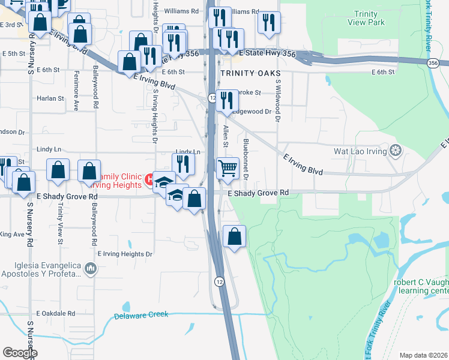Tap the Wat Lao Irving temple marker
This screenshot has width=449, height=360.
pyautogui.click(x=395, y=149)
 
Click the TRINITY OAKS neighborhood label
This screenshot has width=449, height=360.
pyautogui.click(x=246, y=72)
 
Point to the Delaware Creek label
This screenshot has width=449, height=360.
pyautogui.click(x=140, y=315)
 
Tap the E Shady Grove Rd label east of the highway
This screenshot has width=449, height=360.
pyautogui.click(x=259, y=193)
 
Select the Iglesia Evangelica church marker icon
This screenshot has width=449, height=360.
pyautogui.click(x=91, y=268)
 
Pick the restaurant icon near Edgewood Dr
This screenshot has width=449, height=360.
pyautogui.click(x=226, y=101)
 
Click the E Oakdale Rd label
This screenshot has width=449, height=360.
pyautogui.click(x=56, y=313)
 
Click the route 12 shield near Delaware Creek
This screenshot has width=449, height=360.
pyautogui.click(x=220, y=280)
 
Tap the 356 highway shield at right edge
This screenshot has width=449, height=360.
pyautogui.click(x=433, y=62)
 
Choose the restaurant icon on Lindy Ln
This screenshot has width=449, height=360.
pyautogui.click(x=183, y=163)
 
